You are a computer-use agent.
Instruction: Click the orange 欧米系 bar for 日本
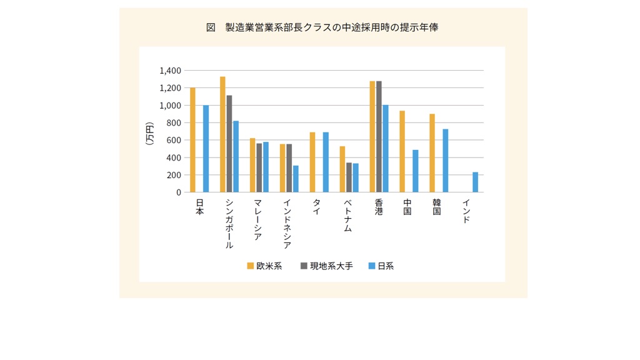click(x=192, y=140)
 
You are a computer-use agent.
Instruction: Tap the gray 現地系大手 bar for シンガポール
click(x=229, y=144)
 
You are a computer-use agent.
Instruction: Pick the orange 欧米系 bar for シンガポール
click(x=222, y=134)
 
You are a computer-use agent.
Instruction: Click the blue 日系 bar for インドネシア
click(x=296, y=179)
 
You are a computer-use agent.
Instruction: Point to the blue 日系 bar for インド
click(x=475, y=182)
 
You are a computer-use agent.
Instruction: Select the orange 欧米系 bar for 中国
click(x=402, y=151)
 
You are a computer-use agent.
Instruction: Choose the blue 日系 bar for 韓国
click(x=445, y=161)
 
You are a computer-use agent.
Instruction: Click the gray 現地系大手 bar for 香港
click(x=379, y=136)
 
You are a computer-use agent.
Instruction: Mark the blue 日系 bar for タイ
click(x=326, y=162)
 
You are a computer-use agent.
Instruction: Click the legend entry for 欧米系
click(x=264, y=266)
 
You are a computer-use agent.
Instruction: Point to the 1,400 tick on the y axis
click(x=170, y=71)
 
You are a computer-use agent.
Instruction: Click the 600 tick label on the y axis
click(x=172, y=140)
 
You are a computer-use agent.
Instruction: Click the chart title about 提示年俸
click(x=322, y=27)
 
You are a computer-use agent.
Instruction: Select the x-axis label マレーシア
click(x=257, y=219)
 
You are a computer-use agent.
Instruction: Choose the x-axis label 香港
click(x=379, y=207)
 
